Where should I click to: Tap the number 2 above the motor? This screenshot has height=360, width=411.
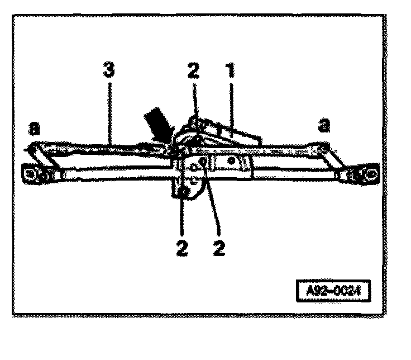193,72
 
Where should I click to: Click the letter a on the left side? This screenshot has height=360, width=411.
34,129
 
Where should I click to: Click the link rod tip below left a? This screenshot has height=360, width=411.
32,148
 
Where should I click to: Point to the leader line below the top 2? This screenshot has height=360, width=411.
193,103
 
